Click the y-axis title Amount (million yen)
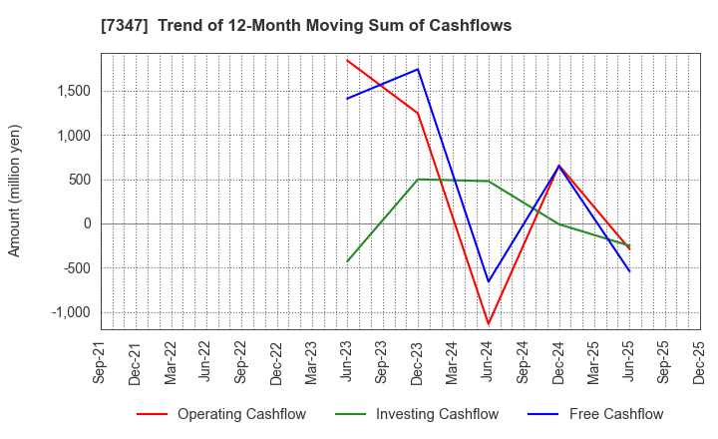pyautogui.click(x=14, y=191)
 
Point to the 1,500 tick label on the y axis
pyautogui.click(x=72, y=91)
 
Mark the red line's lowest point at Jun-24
pyautogui.click(x=488, y=324)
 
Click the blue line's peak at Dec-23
pyautogui.click(x=418, y=69)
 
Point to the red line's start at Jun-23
pyautogui.click(x=347, y=60)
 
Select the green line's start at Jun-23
pyautogui.click(x=347, y=261)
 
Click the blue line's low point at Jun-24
pyautogui.click(x=488, y=281)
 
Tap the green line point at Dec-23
pyautogui.click(x=418, y=180)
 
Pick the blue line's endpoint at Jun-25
pyautogui.click(x=629, y=271)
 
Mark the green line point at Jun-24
pyautogui.click(x=488, y=181)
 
